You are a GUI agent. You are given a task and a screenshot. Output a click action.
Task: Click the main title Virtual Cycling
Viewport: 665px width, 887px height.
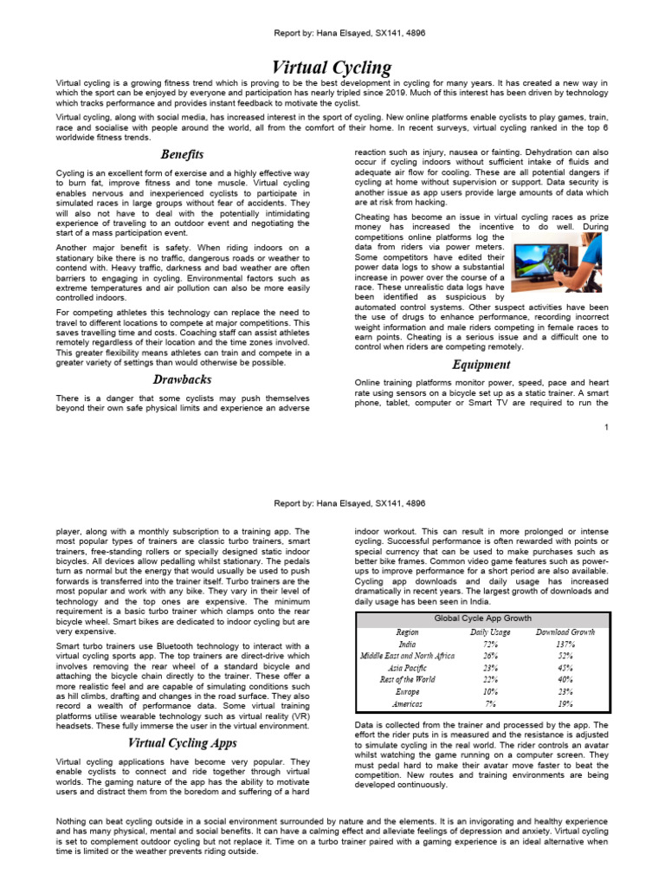tap(332, 68)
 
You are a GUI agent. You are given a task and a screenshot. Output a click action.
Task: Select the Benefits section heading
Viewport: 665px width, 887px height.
tap(183, 154)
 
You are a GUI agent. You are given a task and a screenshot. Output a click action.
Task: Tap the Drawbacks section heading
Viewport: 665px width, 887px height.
tap(183, 379)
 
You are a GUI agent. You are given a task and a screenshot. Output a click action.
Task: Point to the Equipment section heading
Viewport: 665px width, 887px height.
tap(481, 365)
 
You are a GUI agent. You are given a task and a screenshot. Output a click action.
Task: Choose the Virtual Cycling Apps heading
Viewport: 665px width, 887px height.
tap(183, 742)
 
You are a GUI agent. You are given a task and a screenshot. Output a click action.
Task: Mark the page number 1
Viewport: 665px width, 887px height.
tap(607, 428)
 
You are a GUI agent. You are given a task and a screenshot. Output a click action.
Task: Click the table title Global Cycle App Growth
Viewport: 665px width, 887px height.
tap(482, 619)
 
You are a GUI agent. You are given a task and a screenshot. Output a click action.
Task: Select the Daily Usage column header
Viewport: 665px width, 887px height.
tap(490, 632)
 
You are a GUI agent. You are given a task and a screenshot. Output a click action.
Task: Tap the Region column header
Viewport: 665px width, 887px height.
tap(407, 632)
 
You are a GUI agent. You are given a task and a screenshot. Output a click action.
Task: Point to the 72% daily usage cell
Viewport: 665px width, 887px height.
tap(490, 644)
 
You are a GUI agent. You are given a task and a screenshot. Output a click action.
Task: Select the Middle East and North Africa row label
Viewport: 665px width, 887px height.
tap(407, 657)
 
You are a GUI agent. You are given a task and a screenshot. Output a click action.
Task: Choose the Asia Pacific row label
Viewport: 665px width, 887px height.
tap(407, 669)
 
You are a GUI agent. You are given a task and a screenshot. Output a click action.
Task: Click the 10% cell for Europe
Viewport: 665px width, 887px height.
tap(490, 693)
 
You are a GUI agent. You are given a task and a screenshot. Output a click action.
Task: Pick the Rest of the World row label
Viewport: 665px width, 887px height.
tap(407, 681)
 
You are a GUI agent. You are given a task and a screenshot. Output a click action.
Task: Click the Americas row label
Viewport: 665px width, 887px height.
tap(407, 705)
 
